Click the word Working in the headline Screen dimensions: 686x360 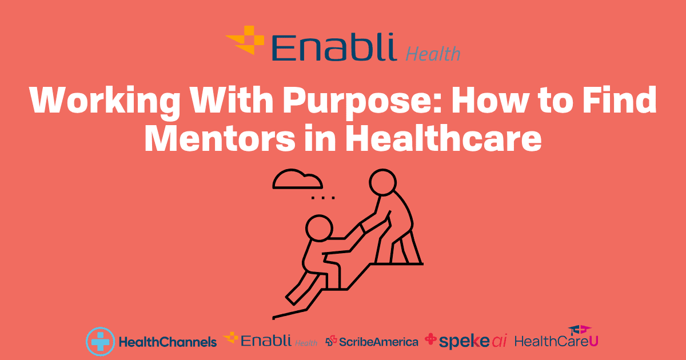point(105,102)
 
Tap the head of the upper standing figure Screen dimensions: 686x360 point(382,182)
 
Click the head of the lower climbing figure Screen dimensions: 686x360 point(319,229)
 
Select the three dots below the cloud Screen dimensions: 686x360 point(323,198)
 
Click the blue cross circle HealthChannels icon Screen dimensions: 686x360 point(101,341)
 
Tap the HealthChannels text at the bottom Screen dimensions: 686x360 point(168,342)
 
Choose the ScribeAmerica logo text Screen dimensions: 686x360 point(378,342)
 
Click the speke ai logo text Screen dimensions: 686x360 point(473,341)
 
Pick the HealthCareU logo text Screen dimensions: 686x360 point(556,341)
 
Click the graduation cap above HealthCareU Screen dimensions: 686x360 point(580,330)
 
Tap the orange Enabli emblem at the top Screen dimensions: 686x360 point(245,40)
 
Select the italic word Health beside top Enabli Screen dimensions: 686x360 point(433,54)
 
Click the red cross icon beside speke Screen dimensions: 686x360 point(430,339)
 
